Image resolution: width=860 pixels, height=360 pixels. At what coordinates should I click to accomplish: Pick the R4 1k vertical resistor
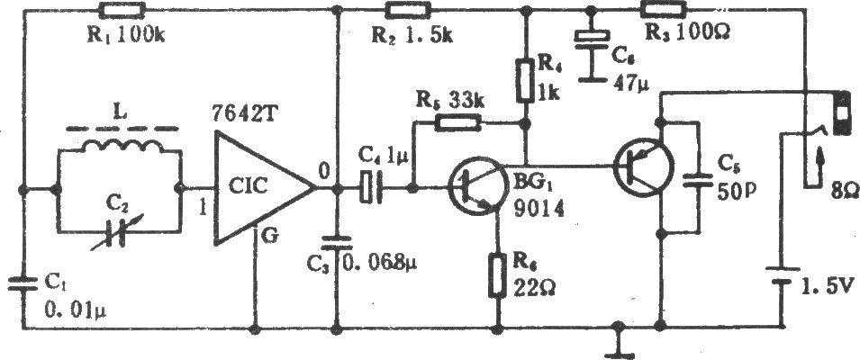tap(525, 81)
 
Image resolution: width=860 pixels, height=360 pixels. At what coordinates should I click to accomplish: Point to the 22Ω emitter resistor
tap(497, 275)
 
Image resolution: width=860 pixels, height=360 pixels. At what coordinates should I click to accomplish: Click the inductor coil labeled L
tap(122, 147)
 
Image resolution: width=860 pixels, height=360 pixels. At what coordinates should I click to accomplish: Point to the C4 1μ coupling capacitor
tap(370, 188)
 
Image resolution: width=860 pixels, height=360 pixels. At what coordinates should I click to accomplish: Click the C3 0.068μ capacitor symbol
tap(336, 246)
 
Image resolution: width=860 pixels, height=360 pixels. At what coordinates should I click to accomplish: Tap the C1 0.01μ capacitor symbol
tap(23, 284)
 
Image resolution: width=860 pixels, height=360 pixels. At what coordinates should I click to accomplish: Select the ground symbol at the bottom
tap(619, 343)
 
